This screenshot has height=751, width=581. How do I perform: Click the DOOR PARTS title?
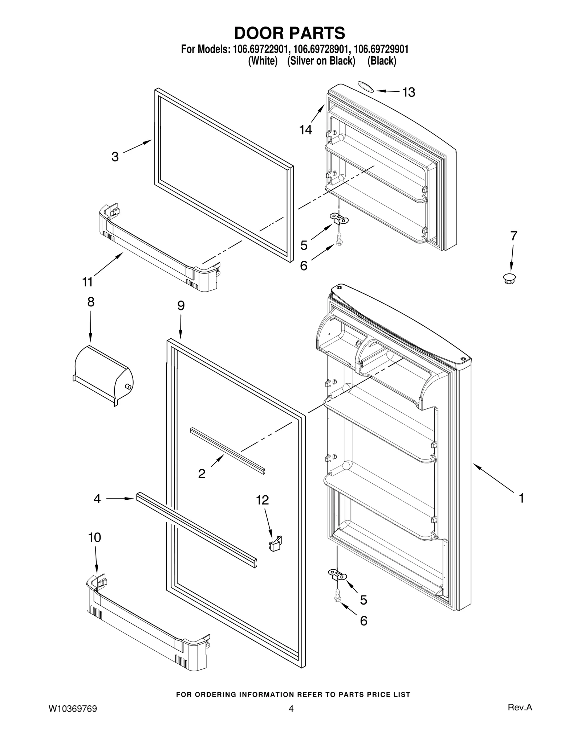(289, 33)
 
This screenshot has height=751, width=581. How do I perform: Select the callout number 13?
(409, 92)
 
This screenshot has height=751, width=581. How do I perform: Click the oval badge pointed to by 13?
(366, 86)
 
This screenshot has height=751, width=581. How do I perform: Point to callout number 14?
(305, 129)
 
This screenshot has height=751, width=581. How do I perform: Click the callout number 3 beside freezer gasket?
(115, 157)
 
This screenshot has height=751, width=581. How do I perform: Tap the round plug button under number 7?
(509, 278)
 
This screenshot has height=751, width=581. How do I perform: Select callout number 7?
(513, 236)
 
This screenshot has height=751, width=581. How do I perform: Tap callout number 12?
(262, 500)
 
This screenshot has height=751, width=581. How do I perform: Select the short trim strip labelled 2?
(228, 450)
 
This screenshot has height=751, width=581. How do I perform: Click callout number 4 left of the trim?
(97, 499)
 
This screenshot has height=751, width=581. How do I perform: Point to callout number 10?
(94, 537)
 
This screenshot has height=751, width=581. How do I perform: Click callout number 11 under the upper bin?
(88, 281)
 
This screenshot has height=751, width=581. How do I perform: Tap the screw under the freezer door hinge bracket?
(338, 239)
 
